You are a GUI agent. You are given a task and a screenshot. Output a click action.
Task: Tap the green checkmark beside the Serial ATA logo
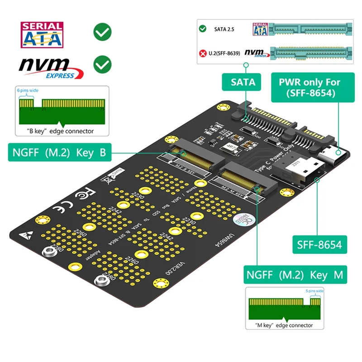click(102, 32)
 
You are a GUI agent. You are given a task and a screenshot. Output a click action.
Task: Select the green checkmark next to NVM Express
click(102, 65)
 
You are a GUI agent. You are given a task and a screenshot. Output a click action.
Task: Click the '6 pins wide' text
click(28, 90)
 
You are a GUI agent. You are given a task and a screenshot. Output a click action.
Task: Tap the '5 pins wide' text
click(313, 291)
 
